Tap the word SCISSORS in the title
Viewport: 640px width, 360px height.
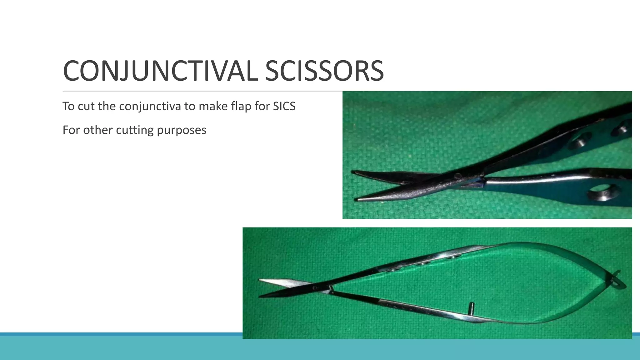(x=324, y=71)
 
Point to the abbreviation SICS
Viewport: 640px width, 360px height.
(x=284, y=107)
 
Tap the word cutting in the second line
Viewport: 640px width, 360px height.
(x=135, y=130)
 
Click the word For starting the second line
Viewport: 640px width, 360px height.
(x=71, y=130)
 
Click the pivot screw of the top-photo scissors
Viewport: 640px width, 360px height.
(x=457, y=176)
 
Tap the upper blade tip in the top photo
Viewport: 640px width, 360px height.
(x=354, y=172)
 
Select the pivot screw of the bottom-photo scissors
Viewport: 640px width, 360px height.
(x=315, y=287)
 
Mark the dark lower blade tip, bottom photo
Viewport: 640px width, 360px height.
(x=261, y=296)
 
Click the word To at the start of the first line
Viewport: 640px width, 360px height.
(x=68, y=107)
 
